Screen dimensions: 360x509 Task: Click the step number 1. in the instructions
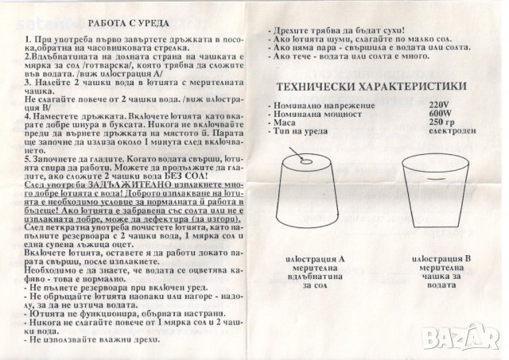(x=28, y=39)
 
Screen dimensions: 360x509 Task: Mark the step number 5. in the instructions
(x=28, y=158)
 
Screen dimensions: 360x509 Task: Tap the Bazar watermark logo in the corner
(x=472, y=343)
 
